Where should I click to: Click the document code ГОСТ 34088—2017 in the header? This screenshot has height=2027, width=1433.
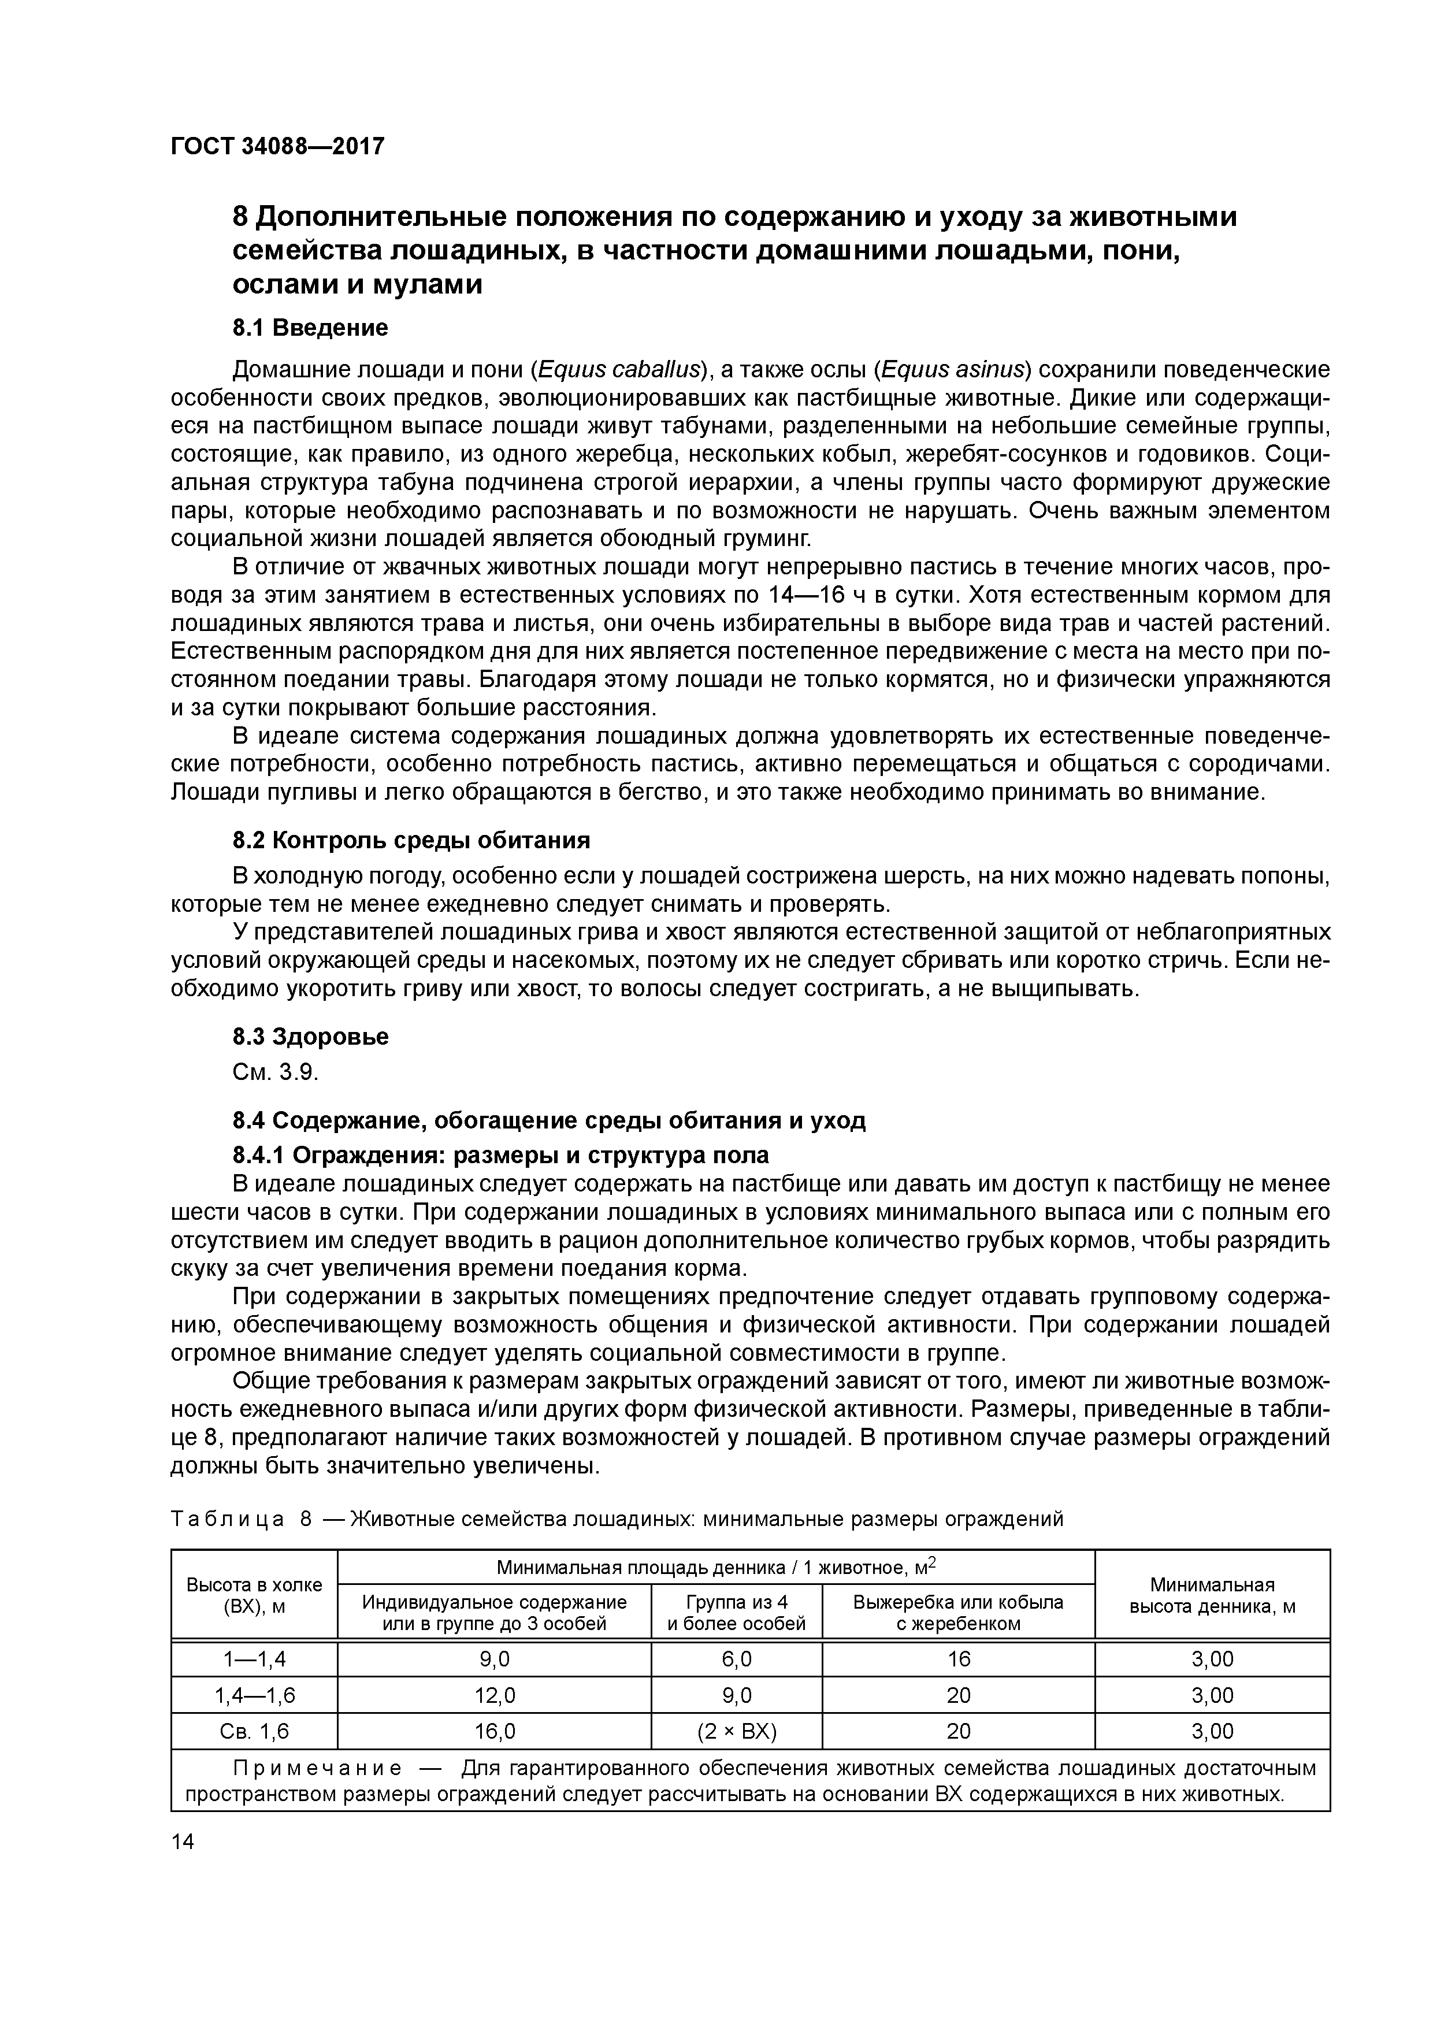point(277,146)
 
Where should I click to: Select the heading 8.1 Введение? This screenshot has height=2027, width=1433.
point(310,328)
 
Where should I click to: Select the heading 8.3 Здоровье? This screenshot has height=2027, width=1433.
point(310,1037)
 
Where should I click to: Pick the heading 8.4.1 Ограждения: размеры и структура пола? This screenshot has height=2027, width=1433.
point(500,1156)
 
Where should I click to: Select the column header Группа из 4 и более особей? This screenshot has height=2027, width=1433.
point(736,1612)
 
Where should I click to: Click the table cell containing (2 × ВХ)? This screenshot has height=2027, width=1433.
point(736,1731)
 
